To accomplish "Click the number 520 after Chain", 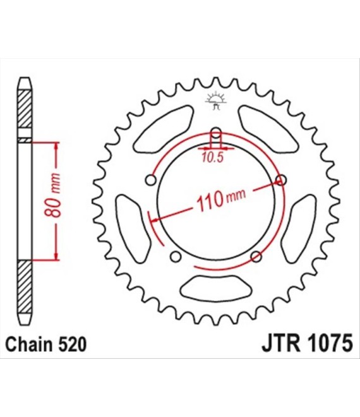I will (x=70, y=346).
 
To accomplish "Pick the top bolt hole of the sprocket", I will (x=216, y=133).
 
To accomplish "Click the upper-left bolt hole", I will (x=151, y=181).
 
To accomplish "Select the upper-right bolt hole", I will (x=281, y=181).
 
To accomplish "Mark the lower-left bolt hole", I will (x=176, y=257).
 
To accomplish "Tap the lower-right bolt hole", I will (x=256, y=257).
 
